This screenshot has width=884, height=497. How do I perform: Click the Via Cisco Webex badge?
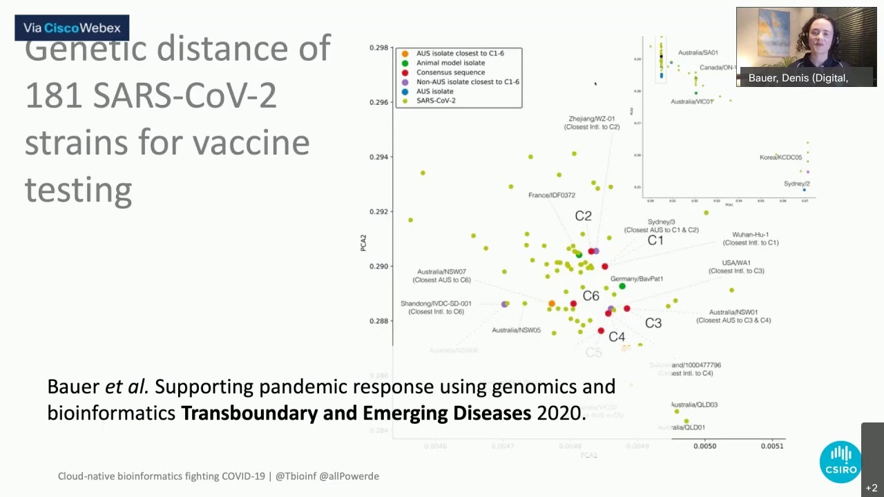pos(72,28)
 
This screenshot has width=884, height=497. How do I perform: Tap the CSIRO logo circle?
pos(840,462)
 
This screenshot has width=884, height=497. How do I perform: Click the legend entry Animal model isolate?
pos(450,63)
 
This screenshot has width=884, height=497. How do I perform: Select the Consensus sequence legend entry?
pos(450,72)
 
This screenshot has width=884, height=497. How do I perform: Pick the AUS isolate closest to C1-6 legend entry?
pos(460,53)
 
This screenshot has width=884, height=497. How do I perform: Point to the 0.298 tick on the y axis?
pos(378,48)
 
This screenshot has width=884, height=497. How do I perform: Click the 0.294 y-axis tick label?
pos(378,157)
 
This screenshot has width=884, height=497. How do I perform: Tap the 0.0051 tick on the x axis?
pos(772,446)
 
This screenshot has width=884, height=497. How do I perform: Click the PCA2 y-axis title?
pos(363,242)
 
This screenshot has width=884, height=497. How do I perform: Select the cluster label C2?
pos(583,216)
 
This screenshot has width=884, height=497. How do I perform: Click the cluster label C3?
pos(653,323)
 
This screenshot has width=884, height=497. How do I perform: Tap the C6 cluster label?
pos(590,296)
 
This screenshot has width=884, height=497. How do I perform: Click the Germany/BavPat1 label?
pos(637,279)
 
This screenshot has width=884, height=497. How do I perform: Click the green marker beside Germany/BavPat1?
pos(622,286)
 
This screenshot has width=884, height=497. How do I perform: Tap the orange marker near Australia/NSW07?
pos(551,304)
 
